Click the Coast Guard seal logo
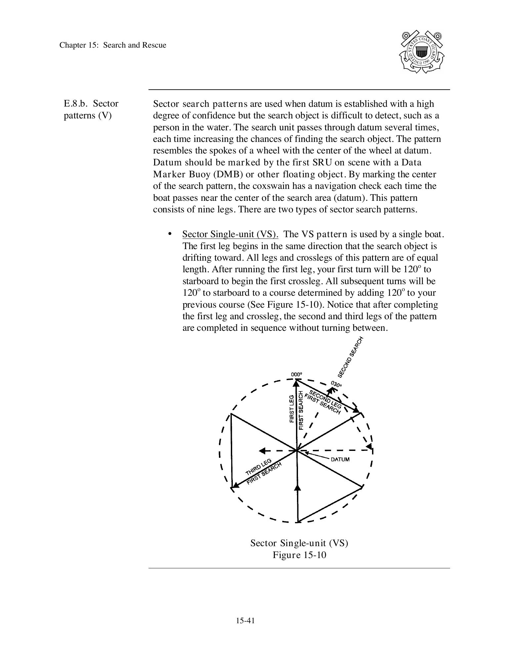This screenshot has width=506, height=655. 421,52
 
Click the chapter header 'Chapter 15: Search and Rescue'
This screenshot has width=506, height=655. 113,45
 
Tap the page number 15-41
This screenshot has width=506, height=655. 245,621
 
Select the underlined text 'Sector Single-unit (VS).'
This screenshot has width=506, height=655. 230,234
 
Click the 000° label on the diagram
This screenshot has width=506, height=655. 296,374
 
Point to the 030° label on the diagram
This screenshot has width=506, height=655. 336,384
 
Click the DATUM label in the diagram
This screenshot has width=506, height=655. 340,459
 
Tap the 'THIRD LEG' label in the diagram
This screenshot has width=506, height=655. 259,467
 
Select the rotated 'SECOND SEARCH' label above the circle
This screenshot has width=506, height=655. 351,357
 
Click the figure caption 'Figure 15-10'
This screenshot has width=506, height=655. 299,555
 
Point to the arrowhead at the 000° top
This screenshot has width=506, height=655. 297,383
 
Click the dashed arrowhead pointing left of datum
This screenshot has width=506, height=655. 262,451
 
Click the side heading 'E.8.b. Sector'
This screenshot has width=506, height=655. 91,104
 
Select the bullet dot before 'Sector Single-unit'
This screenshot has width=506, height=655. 170,234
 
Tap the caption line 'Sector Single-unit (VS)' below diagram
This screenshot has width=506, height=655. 299,543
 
